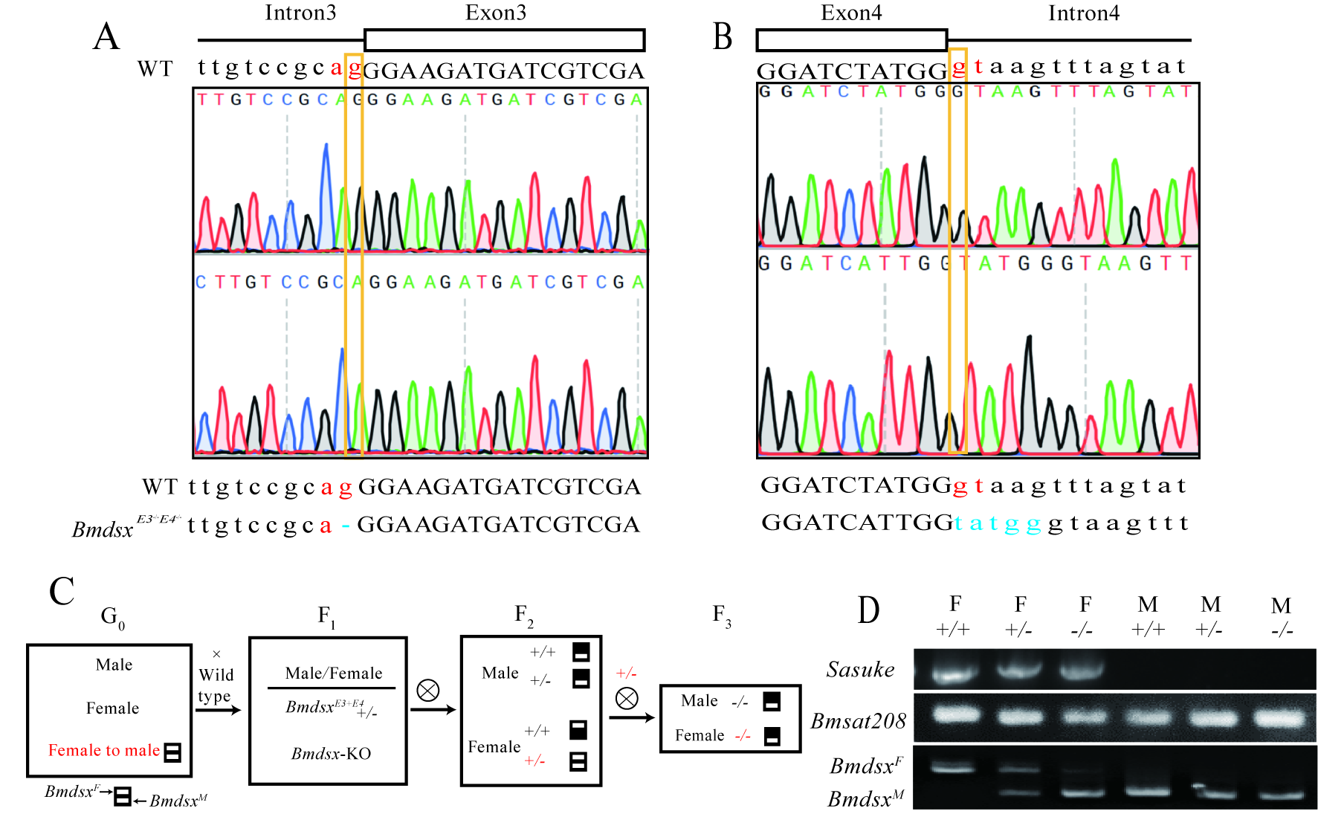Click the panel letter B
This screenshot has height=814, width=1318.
click(x=723, y=36)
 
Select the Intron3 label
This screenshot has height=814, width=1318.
click(x=300, y=13)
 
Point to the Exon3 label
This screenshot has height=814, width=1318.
click(x=496, y=13)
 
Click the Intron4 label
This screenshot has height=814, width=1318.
click(x=1083, y=13)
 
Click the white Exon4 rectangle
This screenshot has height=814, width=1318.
click(x=851, y=40)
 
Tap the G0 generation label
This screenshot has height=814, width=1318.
click(x=113, y=616)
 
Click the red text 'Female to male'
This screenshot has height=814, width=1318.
click(x=104, y=750)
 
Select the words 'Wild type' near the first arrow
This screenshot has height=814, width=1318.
click(x=216, y=685)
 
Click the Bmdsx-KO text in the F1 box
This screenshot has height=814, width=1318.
click(x=331, y=753)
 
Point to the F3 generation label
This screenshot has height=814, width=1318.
click(x=722, y=615)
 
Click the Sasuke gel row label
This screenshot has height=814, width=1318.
click(x=860, y=670)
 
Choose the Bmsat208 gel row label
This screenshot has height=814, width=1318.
click(x=858, y=720)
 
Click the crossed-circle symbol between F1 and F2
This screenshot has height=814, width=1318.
click(x=428, y=691)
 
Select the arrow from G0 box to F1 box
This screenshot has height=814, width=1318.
click(x=219, y=710)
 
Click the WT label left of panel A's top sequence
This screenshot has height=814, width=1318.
click(x=155, y=69)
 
